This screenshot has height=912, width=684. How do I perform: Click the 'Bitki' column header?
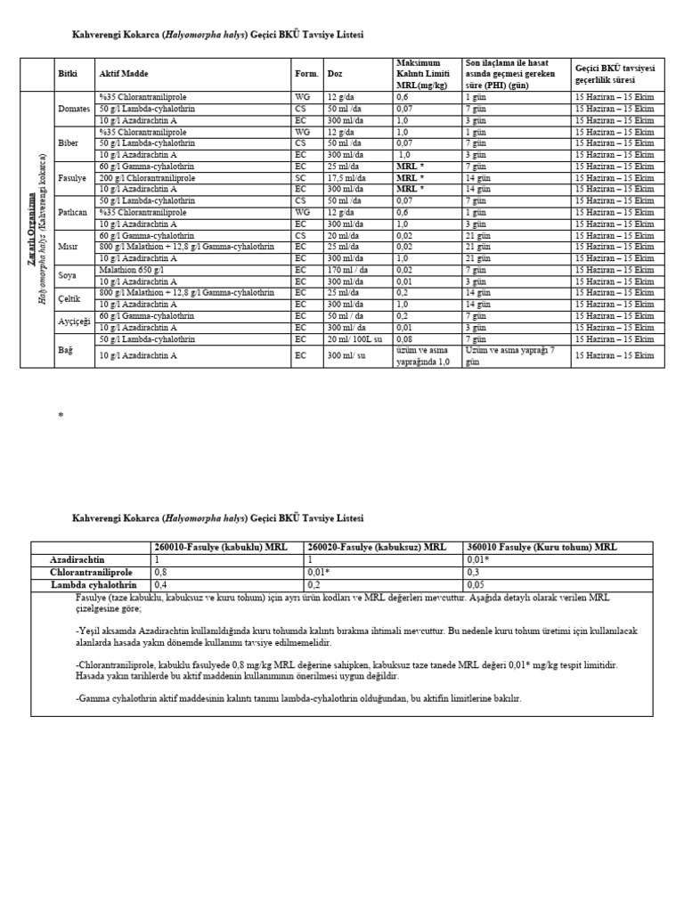tap(67, 74)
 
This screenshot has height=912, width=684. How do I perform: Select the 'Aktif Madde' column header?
tap(123, 74)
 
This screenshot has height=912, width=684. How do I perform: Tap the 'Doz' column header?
tap(335, 74)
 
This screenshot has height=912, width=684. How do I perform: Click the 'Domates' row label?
tap(73, 109)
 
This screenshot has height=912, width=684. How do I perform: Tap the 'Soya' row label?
tap(68, 275)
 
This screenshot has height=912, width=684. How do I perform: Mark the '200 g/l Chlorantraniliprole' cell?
tap(146, 177)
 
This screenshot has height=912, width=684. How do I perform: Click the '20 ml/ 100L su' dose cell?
tap(353, 339)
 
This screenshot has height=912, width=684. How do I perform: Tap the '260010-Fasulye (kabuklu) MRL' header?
tap(219, 547)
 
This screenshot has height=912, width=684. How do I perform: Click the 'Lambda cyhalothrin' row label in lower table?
tap(92, 584)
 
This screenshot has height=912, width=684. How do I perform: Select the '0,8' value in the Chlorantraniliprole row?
tap(160, 572)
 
